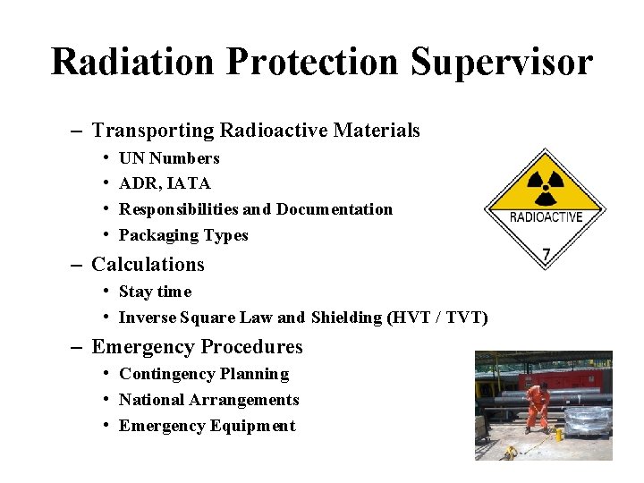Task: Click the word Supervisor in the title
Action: click(502, 63)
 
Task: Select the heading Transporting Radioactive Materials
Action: click(255, 131)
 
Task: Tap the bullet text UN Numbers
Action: click(169, 158)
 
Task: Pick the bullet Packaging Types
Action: click(183, 235)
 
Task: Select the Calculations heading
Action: click(148, 265)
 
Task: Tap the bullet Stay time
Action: click(155, 292)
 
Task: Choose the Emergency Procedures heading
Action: click(197, 347)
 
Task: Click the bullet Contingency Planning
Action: click(204, 374)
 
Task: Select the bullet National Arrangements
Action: click(208, 400)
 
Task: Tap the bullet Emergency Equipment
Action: click(207, 426)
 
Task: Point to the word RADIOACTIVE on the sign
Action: click(546, 216)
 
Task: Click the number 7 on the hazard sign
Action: click(546, 254)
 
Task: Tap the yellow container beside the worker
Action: click(559, 434)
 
